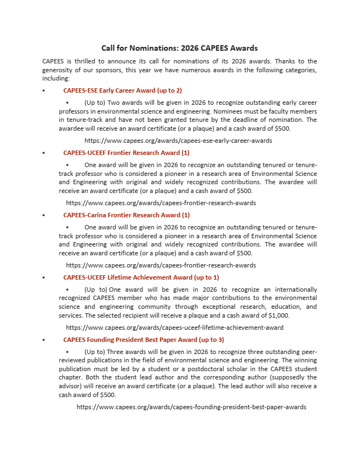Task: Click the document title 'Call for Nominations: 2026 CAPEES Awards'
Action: [x=180, y=49]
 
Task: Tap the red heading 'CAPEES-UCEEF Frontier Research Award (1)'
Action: [x=126, y=153]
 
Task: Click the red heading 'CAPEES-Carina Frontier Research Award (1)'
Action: [x=126, y=215]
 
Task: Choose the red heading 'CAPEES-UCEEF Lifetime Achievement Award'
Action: [x=141, y=277]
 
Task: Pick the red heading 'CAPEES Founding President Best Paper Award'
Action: [x=143, y=340]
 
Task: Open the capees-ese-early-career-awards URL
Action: [x=178, y=141]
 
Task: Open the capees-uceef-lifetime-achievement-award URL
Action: [x=175, y=328]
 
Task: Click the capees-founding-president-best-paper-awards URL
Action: [x=191, y=407]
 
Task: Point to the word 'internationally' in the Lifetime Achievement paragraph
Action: [x=297, y=290]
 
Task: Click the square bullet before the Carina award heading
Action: [x=44, y=215]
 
